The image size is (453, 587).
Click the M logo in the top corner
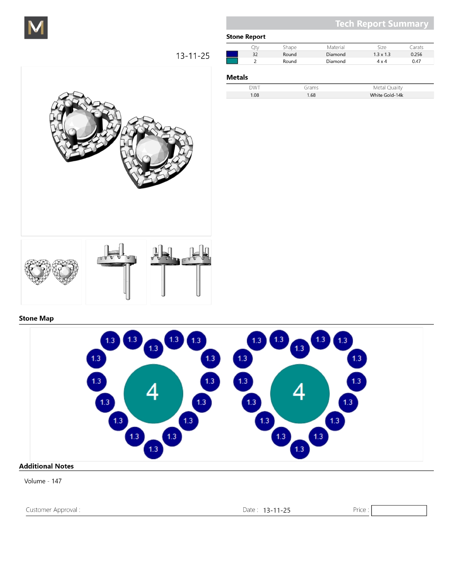[36, 27]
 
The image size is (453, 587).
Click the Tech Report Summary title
[382, 24]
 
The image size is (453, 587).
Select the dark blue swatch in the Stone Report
[232, 54]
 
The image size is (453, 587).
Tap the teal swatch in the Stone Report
[232, 61]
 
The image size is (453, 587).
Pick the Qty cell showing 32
[255, 54]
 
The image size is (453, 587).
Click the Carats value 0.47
[416, 61]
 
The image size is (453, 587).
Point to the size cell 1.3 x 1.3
[382, 54]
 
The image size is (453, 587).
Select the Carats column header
[416, 47]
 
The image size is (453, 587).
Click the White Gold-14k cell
[386, 95]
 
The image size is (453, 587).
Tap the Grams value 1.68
[311, 95]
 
